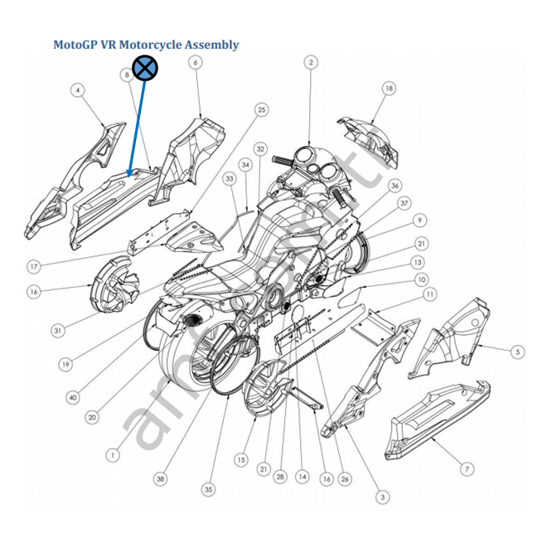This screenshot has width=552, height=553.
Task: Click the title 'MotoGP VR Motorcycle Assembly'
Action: point(146,45)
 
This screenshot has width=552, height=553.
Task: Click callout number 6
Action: point(196,63)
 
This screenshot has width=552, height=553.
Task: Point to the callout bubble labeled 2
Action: point(311,62)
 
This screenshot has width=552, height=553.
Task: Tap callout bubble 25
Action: point(261,109)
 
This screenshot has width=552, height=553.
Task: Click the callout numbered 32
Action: point(260,149)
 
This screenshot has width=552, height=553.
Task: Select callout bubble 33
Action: point(230,179)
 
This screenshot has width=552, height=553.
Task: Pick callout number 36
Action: point(395,186)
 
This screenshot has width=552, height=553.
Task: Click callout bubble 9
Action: point(420,221)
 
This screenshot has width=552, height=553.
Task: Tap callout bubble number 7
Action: point(467,469)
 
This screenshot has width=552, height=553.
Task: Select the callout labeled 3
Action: point(382,497)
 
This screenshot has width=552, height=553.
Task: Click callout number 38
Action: point(160,478)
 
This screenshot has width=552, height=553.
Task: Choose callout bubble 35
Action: point(208,490)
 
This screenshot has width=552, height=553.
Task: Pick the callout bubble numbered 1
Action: point(113,454)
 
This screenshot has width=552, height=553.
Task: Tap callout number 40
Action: point(73,397)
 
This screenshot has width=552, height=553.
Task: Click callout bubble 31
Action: point(57,331)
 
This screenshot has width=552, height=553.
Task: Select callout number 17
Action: point(34,267)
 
